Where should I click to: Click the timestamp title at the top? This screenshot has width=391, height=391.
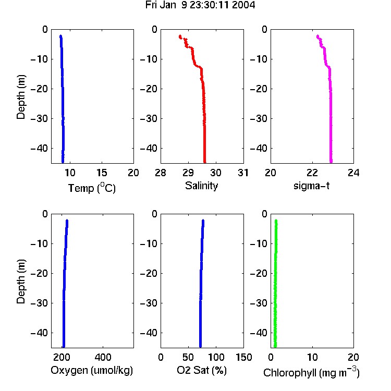click(x=200, y=5)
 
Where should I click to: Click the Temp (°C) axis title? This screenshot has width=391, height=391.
click(x=92, y=188)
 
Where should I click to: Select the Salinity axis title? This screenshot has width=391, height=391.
click(x=201, y=186)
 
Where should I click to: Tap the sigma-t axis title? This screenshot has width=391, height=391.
click(x=311, y=186)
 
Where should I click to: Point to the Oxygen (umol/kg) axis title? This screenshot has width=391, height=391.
click(x=92, y=371)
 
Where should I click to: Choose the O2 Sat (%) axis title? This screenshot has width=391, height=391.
click(x=202, y=370)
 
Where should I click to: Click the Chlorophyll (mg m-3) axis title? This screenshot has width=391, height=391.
click(x=311, y=372)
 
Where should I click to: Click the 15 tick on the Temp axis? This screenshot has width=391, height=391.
click(x=102, y=173)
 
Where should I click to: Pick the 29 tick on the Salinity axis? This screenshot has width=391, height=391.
click(x=188, y=173)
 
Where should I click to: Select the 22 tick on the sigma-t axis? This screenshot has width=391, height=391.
click(x=312, y=173)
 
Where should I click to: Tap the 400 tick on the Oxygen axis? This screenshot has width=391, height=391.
click(x=103, y=357)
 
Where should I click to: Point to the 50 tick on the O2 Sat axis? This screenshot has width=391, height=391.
click(x=188, y=357)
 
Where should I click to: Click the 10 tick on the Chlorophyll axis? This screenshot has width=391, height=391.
click(x=312, y=357)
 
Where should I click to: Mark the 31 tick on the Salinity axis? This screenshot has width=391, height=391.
click(x=243, y=173)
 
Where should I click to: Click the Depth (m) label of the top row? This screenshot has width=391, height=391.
click(x=21, y=97)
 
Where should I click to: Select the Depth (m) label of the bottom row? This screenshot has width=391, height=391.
click(x=21, y=282)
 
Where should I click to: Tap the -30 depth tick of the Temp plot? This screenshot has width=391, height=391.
click(x=39, y=118)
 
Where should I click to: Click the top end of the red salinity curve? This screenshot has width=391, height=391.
click(x=180, y=36)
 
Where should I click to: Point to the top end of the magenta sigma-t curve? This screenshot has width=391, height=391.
click(x=317, y=36)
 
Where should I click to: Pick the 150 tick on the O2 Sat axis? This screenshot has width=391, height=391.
click(x=244, y=357)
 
